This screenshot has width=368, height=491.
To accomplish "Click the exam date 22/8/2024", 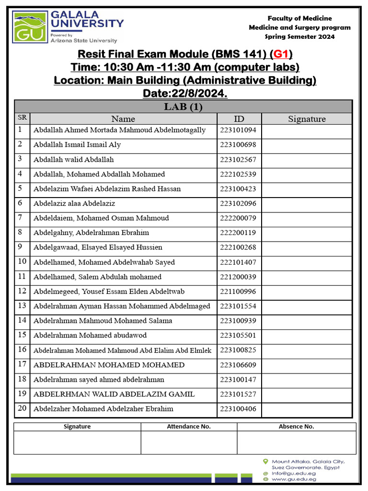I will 185,93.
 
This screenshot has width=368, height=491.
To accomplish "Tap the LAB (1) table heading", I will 183,106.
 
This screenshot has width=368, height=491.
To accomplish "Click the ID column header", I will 239,119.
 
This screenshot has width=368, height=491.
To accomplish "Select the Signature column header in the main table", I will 307,119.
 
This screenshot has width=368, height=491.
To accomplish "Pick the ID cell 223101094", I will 238,130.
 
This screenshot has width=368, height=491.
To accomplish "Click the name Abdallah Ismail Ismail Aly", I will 77,145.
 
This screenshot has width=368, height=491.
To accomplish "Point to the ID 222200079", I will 238,218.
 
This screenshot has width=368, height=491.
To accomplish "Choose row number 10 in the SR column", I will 22,262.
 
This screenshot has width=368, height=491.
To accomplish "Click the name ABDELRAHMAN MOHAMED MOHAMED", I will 109,365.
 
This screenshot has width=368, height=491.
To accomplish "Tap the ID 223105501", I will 238,335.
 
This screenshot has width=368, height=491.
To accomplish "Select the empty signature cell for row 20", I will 307,409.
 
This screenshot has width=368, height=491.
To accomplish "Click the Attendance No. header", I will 189,426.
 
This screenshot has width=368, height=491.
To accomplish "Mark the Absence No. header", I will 296,426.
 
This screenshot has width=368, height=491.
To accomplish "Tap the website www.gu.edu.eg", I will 294,479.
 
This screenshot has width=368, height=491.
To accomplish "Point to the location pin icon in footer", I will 265,461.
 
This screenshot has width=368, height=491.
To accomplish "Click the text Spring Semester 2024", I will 299,37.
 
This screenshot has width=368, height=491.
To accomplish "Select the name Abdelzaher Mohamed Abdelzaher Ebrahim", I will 103,409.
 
